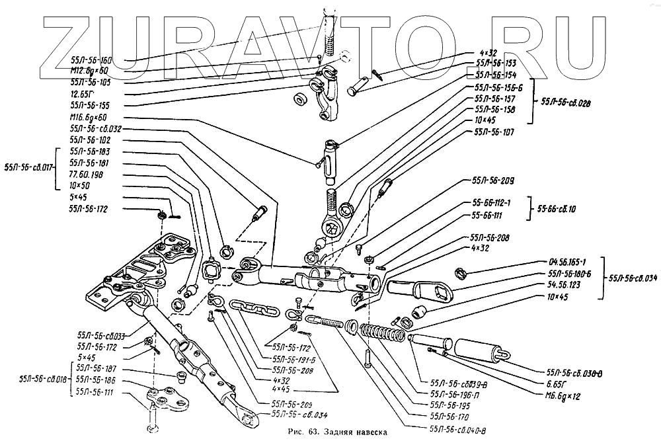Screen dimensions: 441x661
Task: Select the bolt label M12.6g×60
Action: pyautogui.click(x=91, y=71)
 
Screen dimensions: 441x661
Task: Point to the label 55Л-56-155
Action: pyautogui.click(x=89, y=105)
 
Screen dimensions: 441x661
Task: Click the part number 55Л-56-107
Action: pyautogui.click(x=494, y=132)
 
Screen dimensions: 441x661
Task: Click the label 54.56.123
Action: pyautogui.click(x=566, y=285)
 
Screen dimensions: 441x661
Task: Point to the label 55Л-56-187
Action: pyautogui.click(x=96, y=369)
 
